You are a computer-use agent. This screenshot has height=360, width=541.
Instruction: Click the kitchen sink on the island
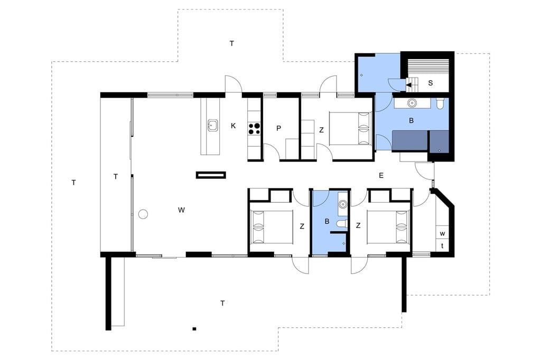point(212,126)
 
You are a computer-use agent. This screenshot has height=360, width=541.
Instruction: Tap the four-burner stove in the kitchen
point(255,129)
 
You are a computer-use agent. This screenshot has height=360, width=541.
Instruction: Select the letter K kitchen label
point(233,126)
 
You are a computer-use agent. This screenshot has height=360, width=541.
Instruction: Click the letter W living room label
point(181,210)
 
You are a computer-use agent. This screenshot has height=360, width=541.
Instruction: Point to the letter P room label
point(279,128)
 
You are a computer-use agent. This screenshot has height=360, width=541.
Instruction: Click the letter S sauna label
point(430,83)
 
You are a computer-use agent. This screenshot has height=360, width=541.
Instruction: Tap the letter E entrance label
point(381,176)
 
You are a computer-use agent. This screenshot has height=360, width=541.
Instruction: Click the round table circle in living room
point(143,214)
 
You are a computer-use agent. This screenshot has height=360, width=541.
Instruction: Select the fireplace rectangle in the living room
point(211,175)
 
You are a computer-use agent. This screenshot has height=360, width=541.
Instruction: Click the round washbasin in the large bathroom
point(412,103)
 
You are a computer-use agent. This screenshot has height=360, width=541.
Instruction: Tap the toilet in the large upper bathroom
point(440,104)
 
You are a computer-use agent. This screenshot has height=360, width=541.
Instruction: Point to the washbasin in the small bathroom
point(342,204)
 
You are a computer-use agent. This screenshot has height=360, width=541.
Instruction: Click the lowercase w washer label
point(442,234)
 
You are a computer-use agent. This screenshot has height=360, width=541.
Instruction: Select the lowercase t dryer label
point(442,246)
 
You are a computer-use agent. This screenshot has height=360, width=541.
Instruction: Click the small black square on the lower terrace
point(194,329)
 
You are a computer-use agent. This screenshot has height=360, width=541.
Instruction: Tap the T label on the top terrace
point(232,43)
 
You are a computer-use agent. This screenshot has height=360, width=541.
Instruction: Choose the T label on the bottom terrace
point(222,304)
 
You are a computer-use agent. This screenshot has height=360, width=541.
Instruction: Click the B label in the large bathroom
point(411,121)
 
